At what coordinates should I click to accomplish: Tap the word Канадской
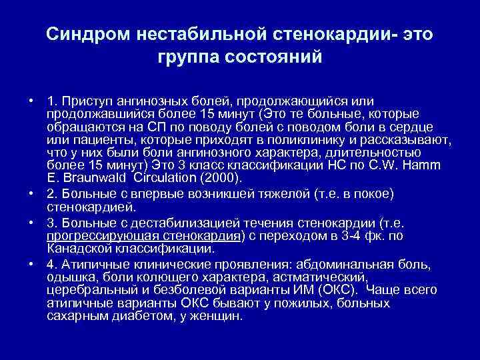click(x=78, y=249)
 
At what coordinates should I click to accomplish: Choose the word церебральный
click(x=87, y=291)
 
